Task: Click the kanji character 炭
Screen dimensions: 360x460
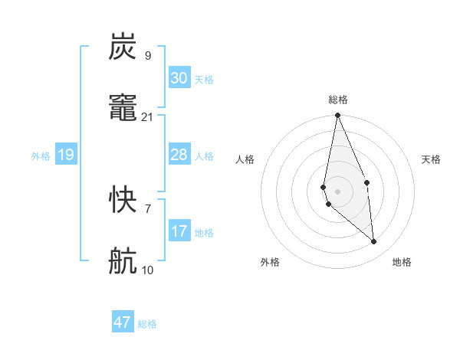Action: coord(123,47)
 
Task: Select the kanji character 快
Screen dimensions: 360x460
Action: coord(123,201)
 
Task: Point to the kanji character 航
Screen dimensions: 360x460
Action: coord(123,262)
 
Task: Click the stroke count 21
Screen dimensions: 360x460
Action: coord(148,116)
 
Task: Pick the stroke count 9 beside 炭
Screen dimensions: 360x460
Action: coord(148,55)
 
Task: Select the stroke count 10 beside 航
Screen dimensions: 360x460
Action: coord(148,270)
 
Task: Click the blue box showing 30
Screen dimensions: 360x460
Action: coord(179,78)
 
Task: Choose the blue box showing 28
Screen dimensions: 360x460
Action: coord(179,155)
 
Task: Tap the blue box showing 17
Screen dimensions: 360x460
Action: coord(179,231)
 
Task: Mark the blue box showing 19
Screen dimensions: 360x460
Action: coord(65,155)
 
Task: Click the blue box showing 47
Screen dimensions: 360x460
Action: coord(123,322)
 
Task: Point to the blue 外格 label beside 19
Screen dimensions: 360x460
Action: coord(41,156)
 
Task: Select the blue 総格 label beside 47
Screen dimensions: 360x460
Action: coord(147,324)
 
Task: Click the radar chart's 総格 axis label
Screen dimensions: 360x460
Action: coord(338,100)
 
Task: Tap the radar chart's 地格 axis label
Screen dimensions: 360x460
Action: coord(402,262)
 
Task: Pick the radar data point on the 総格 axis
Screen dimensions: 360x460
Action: coord(337,116)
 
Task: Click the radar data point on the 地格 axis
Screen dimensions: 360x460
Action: coord(374,241)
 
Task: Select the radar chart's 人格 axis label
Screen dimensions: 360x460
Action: coord(245,159)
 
